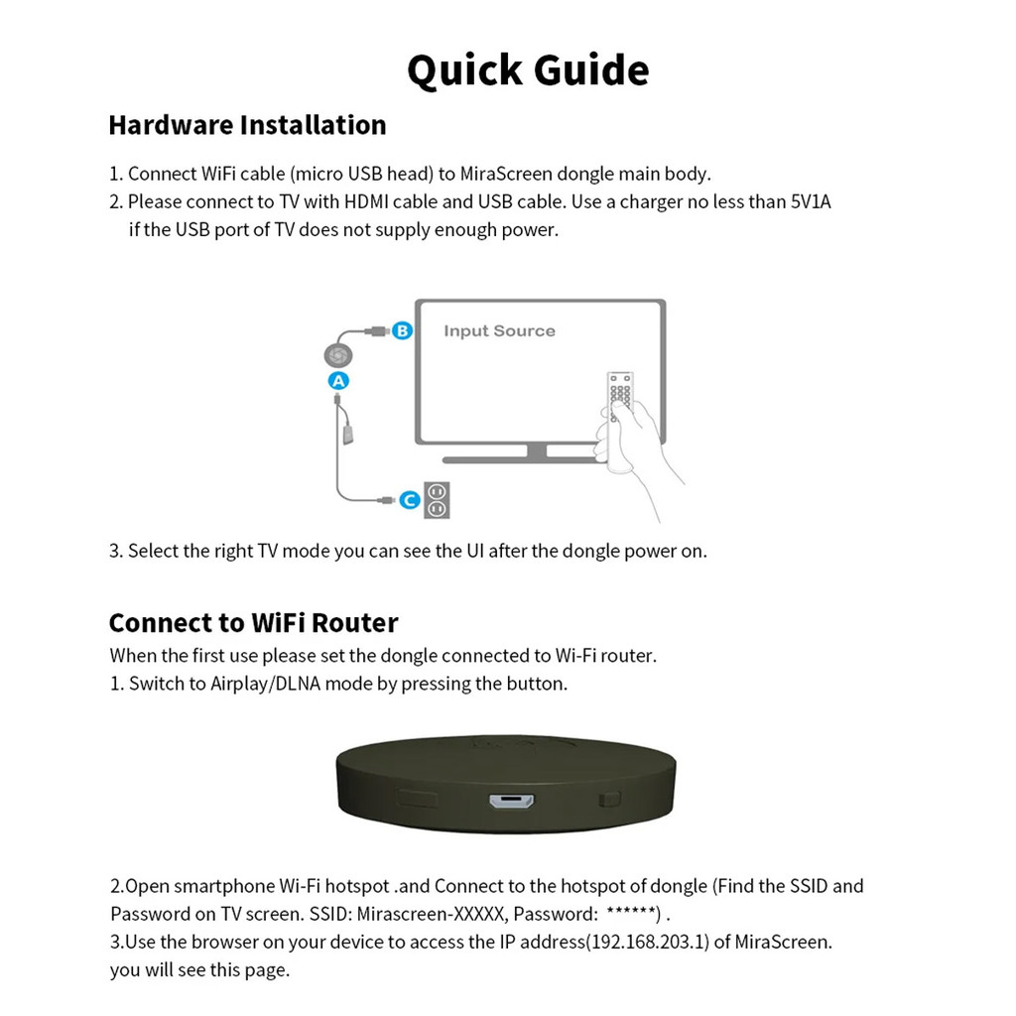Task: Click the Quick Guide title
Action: [528, 70]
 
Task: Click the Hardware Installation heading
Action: [247, 125]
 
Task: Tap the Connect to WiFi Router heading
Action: [253, 623]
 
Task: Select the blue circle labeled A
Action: [338, 381]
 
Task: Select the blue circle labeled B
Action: [401, 331]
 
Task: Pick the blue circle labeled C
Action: [410, 501]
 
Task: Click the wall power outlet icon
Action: [437, 500]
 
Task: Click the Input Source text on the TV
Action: [499, 331]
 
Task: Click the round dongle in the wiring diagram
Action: [338, 355]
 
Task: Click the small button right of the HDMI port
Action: [609, 798]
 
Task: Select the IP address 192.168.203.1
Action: [648, 942]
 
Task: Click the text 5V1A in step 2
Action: [810, 202]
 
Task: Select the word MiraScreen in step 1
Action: [505, 174]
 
